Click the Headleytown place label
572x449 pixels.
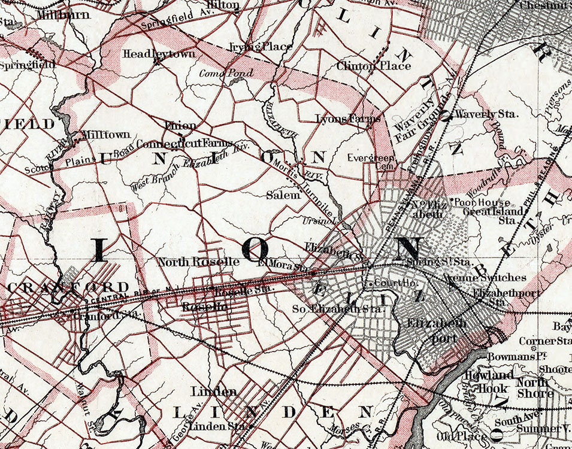pos(151,54)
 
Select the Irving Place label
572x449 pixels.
pos(261,47)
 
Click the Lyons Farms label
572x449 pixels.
pos(348,119)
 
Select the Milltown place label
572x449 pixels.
pos(101,135)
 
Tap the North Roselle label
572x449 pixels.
pos(198,262)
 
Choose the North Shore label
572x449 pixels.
pos(535,387)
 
